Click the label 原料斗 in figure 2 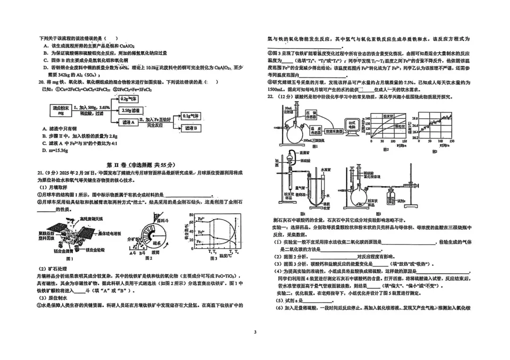pyautogui.click(x=164, y=220)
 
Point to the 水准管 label pyautogui.click(x=325, y=168)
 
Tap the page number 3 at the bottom pyautogui.click(x=255, y=332)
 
